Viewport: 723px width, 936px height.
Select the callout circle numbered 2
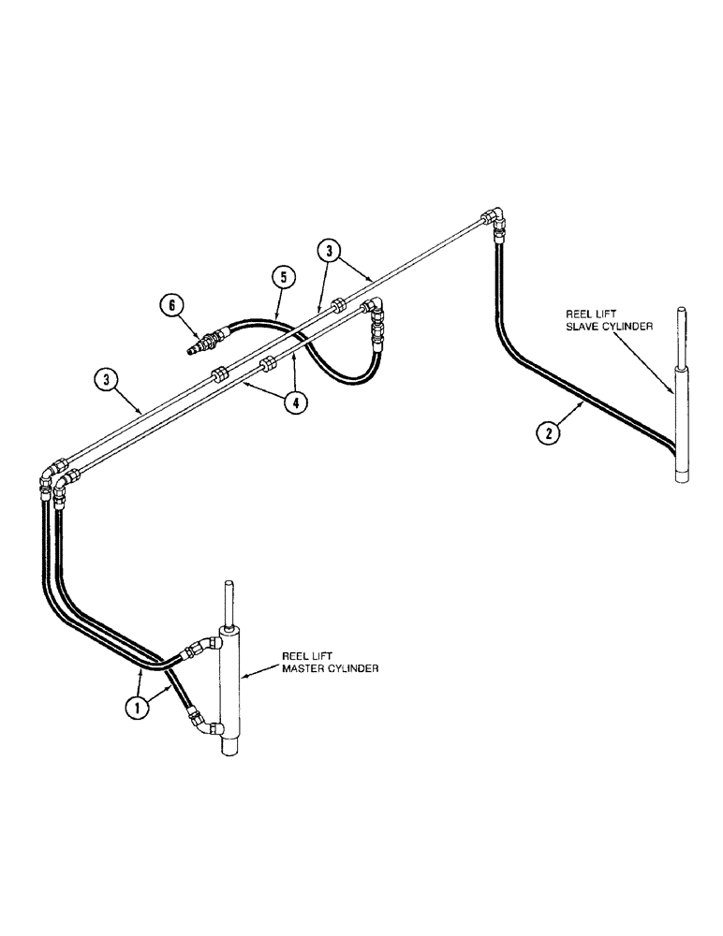551,433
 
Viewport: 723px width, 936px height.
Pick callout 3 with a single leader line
107,380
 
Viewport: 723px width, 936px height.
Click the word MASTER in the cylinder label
302,669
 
